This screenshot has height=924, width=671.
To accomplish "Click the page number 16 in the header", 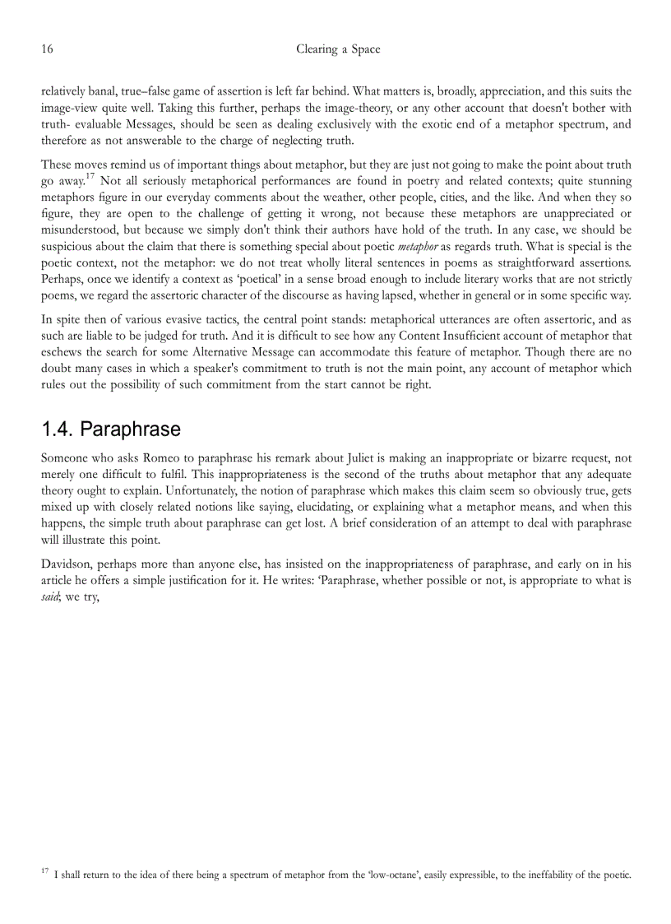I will (x=47, y=49).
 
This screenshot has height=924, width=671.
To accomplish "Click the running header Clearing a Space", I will (x=338, y=49).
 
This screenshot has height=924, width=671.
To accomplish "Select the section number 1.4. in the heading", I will (x=58, y=429).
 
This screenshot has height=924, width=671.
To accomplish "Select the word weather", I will (x=364, y=197).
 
